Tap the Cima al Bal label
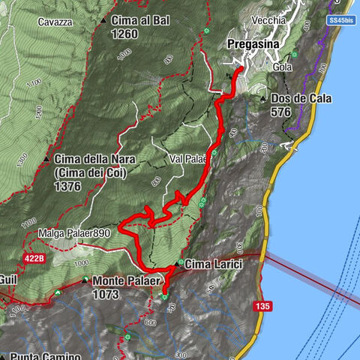(143, 20)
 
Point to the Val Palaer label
(187, 159)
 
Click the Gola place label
(283, 67)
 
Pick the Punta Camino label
(39, 356)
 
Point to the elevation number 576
(280, 112)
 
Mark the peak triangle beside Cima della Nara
(46, 159)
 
